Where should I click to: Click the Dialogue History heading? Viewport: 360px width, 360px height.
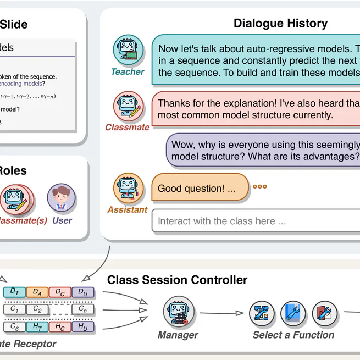280,24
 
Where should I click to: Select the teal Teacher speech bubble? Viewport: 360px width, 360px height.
256,60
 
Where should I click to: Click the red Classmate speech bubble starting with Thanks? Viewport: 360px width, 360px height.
256,109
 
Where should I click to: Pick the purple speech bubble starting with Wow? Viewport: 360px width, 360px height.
264,150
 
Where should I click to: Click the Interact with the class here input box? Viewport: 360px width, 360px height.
256,221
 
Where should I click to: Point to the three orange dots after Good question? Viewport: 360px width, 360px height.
259,187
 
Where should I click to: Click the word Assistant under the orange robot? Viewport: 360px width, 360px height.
128,210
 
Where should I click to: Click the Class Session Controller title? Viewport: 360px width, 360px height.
177,280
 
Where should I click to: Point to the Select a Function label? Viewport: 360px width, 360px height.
293,335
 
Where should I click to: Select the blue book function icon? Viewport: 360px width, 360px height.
293,313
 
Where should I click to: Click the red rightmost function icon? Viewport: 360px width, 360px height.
324,313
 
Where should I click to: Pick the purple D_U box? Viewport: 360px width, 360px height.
82,292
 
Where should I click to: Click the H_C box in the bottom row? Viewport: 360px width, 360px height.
60,327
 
